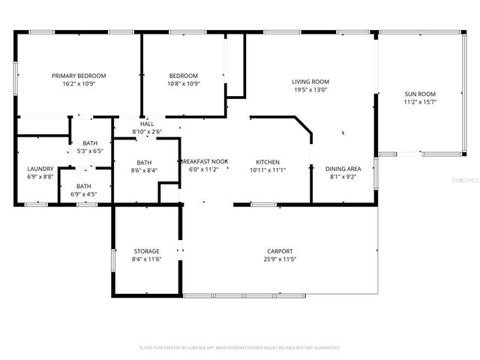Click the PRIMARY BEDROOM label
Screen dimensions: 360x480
coord(79,76)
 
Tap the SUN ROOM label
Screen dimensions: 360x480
coord(421,94)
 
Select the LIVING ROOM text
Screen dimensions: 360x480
coord(310,82)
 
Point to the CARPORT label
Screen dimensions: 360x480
coord(279,251)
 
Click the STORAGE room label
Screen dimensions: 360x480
coord(146,252)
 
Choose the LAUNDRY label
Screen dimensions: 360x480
coord(40,169)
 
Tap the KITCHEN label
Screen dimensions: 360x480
coord(268,162)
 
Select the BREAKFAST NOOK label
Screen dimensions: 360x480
coord(203,162)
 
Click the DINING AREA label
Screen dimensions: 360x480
coord(343,169)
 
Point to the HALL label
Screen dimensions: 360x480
coord(146,124)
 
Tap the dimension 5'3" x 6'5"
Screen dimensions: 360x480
coord(90,151)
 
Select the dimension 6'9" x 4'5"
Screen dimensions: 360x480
coord(84,194)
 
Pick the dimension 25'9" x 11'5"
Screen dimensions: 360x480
coord(279,259)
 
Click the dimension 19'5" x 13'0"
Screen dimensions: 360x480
coord(310,89)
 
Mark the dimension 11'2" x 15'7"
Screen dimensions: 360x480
coord(421,102)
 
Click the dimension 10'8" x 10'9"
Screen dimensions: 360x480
coord(183,83)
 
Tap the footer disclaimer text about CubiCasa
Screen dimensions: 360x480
coord(240,348)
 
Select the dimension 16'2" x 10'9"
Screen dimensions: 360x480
coord(79,83)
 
